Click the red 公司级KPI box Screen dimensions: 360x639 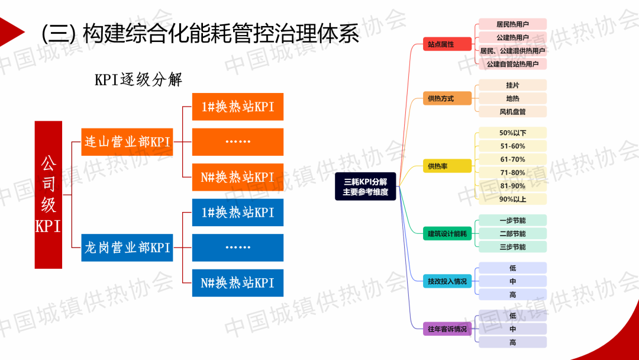49,195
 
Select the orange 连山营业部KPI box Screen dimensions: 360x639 127,142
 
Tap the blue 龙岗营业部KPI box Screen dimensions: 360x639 127,247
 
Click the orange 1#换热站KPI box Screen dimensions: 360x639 238,107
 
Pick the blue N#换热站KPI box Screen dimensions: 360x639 238,282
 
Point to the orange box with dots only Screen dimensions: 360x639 238,142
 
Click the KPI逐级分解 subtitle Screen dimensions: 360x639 138,79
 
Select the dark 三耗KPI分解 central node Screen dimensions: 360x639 365,187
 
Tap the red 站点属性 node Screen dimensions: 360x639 441,44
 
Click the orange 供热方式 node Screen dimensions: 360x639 441,99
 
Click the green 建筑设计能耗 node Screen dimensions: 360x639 447,234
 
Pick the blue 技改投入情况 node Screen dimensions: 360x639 447,281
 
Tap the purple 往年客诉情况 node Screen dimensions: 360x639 447,329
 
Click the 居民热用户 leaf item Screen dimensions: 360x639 512,24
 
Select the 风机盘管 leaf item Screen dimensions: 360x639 512,111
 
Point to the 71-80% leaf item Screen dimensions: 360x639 512,173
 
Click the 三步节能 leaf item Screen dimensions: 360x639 512,247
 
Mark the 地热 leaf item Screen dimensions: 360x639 512,98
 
